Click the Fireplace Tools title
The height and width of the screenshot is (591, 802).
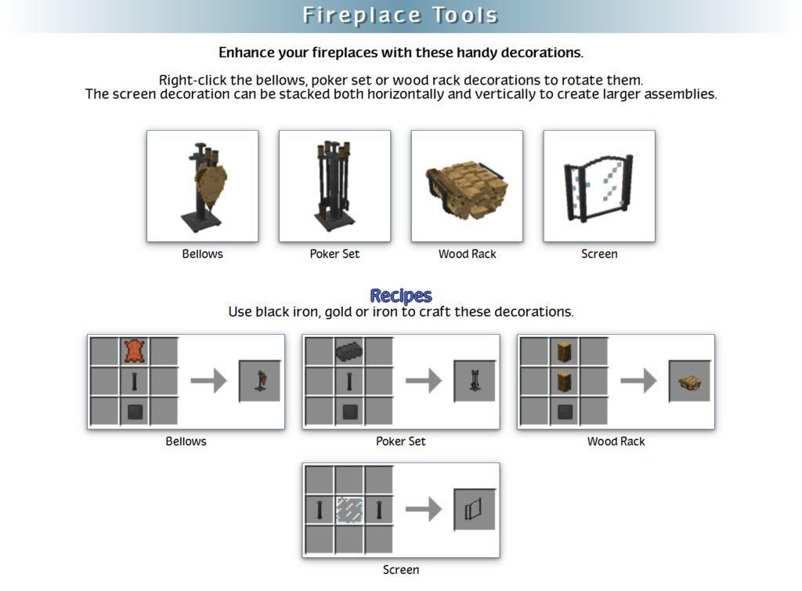click(400, 16)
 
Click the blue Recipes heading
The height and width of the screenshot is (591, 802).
click(400, 295)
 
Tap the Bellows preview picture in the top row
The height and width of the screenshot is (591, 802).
click(203, 186)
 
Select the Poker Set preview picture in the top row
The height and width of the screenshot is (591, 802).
click(334, 186)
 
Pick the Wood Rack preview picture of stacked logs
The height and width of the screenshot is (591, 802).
click(467, 186)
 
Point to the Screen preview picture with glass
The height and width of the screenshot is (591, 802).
click(599, 186)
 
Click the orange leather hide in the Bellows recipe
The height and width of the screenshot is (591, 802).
click(135, 351)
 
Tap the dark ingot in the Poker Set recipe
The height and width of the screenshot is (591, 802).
click(349, 351)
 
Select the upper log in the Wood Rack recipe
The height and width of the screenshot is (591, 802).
click(564, 351)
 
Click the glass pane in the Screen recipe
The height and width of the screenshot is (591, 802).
click(349, 510)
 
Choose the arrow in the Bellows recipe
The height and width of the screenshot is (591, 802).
click(208, 381)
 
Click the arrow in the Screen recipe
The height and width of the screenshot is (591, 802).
click(424, 509)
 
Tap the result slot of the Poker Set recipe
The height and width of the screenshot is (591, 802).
click(475, 381)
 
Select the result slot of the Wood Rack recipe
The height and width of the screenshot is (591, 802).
click(689, 381)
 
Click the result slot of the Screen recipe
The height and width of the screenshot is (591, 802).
click(475, 509)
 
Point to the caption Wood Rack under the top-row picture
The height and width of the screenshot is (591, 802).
click(467, 254)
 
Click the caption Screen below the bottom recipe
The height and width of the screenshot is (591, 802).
click(401, 570)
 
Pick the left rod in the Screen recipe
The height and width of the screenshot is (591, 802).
click(320, 510)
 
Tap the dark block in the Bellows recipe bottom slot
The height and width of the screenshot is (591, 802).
click(135, 412)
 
